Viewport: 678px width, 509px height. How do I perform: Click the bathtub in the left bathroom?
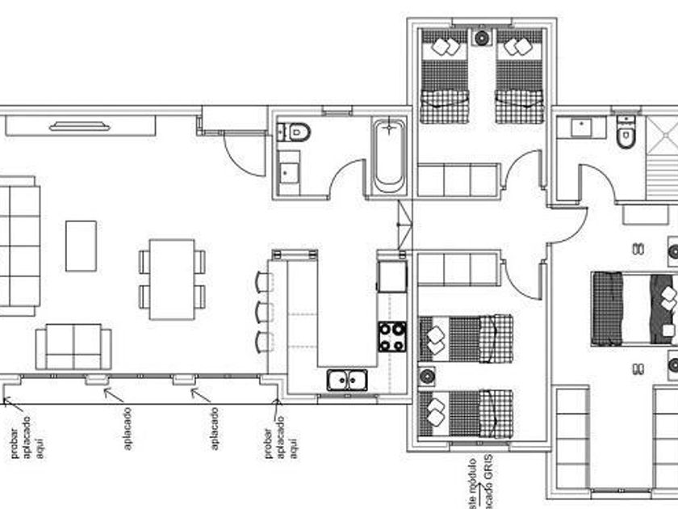(x=389, y=154)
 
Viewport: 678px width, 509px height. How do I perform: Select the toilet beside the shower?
(x=625, y=135)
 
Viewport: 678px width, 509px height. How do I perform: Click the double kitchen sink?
(x=348, y=378)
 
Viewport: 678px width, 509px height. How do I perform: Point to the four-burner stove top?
(x=392, y=335)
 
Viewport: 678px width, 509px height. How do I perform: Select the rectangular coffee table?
(x=81, y=246)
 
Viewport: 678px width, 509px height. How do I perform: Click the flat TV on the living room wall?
(x=78, y=125)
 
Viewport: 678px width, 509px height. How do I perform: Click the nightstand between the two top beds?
(x=483, y=38)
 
